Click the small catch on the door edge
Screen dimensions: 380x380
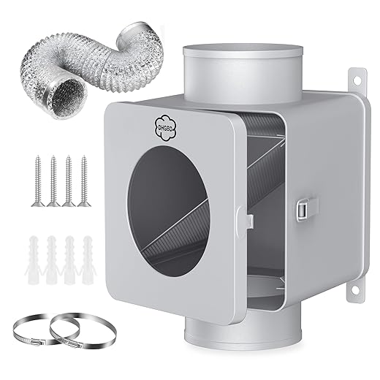tap(248, 218)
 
